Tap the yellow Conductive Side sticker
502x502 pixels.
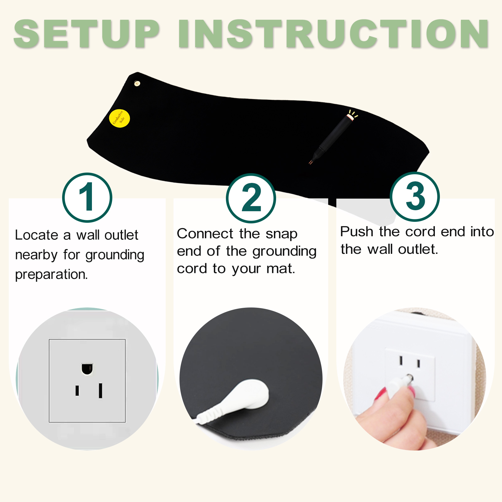click(x=119, y=118)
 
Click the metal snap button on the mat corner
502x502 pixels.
click(x=137, y=83)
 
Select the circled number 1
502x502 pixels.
click(x=87, y=197)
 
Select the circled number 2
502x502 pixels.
click(x=251, y=198)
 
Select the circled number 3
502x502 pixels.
click(x=415, y=197)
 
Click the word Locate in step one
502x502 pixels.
click(x=37, y=235)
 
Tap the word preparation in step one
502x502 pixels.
click(x=51, y=275)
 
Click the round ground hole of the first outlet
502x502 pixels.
click(x=87, y=369)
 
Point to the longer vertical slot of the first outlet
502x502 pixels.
click(x=100, y=391)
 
